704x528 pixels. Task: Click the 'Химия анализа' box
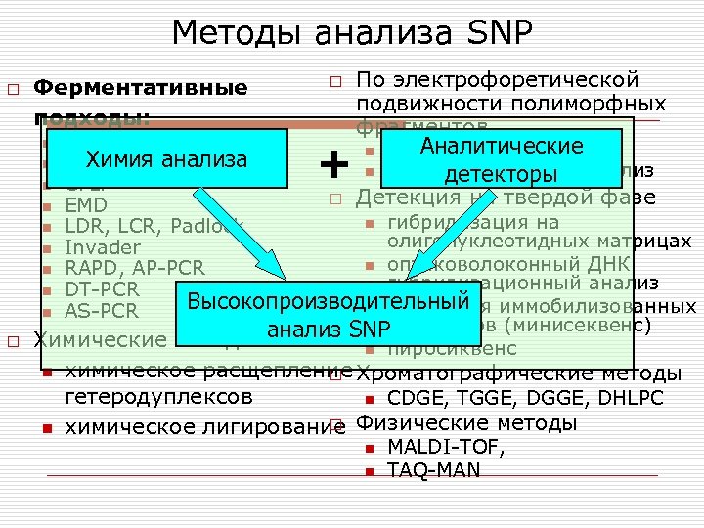(x=166, y=159)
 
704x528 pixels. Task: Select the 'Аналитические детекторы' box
(x=501, y=160)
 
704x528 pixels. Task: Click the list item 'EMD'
(x=86, y=206)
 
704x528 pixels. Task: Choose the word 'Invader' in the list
(x=103, y=248)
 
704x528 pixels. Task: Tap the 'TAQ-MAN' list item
(x=434, y=470)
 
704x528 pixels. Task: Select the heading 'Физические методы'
(x=466, y=423)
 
